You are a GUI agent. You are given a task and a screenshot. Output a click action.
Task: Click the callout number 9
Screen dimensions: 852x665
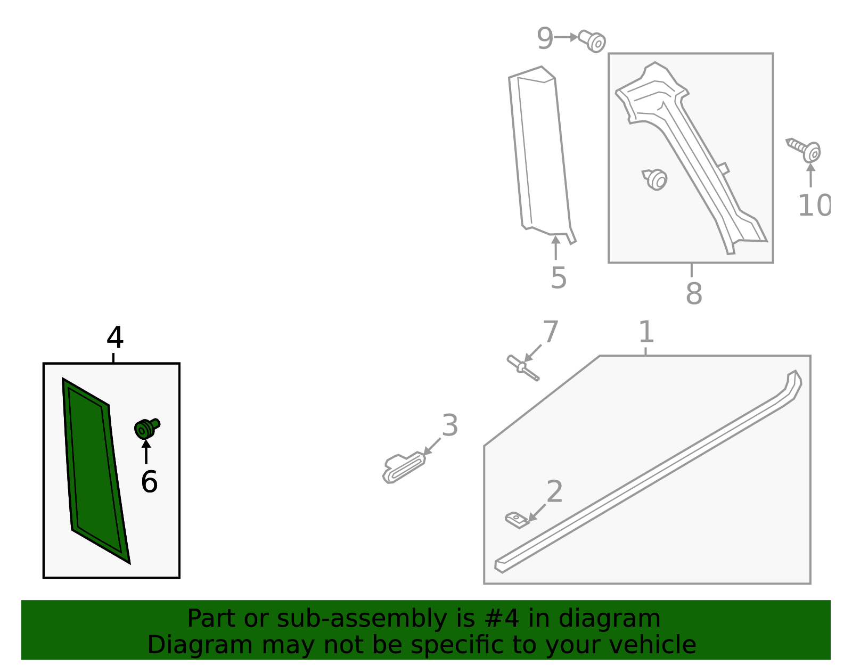coord(545,39)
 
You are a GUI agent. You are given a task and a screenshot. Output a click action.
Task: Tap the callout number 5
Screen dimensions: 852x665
coord(559,278)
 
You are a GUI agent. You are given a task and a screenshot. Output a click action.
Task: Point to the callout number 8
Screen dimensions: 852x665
coord(694,293)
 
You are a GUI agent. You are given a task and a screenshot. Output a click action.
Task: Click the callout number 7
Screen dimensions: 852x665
coord(550,332)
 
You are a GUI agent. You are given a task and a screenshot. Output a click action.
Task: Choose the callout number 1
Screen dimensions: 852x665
coord(646,332)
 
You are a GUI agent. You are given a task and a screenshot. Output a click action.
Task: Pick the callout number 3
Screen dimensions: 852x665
coord(450,425)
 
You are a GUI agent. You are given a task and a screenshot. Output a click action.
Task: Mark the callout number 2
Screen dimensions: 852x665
coord(554,491)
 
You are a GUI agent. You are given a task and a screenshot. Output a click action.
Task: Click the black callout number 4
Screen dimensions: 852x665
coord(115,337)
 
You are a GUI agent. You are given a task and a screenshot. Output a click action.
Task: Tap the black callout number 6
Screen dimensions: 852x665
coord(149,482)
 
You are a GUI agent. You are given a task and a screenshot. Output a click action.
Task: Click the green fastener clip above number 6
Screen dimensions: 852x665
coord(147,428)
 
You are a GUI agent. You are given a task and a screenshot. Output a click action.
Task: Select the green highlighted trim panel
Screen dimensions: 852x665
coord(95,471)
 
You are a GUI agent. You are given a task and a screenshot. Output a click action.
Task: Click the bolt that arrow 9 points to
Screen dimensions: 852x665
coord(592,41)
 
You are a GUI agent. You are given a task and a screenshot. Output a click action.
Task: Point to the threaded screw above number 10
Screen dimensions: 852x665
coord(804,150)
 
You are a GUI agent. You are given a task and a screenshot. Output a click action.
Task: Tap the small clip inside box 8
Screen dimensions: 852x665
coord(655,179)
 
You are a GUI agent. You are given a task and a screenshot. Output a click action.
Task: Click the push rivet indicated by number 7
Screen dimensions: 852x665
coord(523,367)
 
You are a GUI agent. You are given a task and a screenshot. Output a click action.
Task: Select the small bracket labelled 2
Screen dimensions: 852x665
coord(517,520)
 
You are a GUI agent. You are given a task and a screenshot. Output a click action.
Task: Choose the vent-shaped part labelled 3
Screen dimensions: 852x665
coord(404,467)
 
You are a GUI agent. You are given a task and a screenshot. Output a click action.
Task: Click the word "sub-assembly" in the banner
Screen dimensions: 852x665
coord(362,619)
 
